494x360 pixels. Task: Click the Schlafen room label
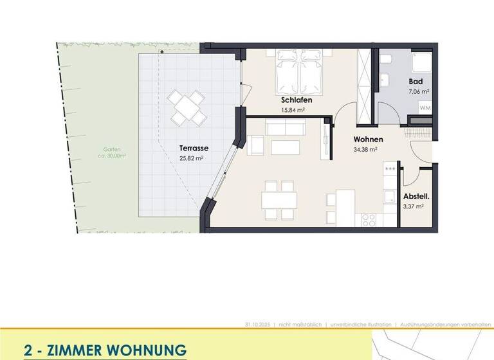(297, 100)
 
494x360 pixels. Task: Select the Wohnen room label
(369, 139)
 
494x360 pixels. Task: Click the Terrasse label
(194, 148)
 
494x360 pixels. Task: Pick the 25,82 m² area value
(191, 157)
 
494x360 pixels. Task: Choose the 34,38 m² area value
(365, 149)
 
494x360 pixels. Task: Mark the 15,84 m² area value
(293, 110)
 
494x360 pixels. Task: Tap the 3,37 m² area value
(413, 206)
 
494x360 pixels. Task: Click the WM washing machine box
(425, 109)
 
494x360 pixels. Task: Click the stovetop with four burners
(369, 219)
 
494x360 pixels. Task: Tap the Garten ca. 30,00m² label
(98, 152)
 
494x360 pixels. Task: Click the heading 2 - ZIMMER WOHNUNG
(105, 350)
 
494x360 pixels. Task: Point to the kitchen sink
(389, 196)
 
